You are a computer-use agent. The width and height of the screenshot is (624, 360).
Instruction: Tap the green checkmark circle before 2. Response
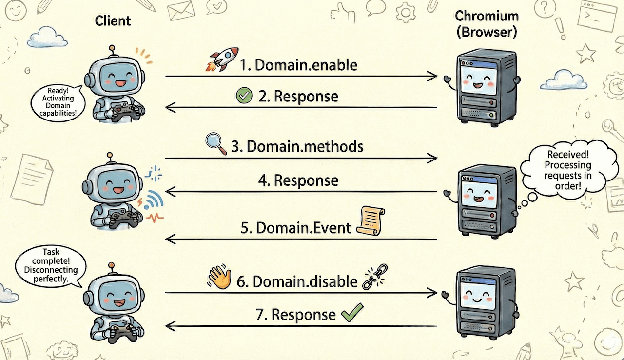click(243, 96)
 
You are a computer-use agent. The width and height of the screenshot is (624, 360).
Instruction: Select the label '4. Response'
click(298, 180)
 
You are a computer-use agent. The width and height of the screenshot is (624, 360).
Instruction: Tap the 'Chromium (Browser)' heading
click(486, 24)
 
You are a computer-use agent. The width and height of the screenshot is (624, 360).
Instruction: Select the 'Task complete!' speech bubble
click(51, 265)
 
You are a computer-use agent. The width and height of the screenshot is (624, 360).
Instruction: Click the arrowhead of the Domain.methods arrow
click(432, 158)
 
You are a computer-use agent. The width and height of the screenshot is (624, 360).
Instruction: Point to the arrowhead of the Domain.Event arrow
click(171, 239)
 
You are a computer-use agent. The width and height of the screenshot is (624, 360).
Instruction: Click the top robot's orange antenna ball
click(113, 48)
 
